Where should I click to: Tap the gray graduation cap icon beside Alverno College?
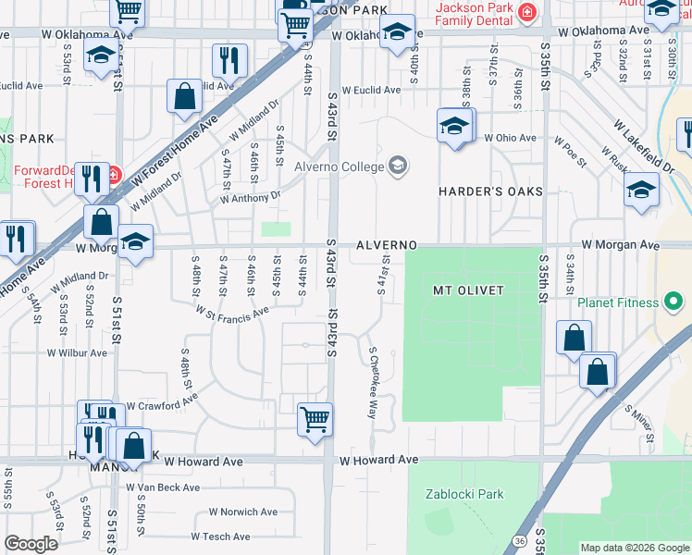click(398, 166)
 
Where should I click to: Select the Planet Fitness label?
click(617, 302)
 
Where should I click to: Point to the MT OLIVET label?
click(469, 290)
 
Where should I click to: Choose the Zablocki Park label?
click(464, 494)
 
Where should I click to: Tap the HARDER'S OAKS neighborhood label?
click(489, 191)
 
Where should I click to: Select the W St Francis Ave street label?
click(231, 312)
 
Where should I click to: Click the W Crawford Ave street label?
click(162, 403)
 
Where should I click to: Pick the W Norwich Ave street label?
click(242, 512)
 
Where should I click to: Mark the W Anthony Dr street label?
click(250, 196)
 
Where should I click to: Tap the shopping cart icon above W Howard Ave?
click(315, 419)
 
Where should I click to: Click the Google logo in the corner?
click(31, 544)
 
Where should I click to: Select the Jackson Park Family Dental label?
click(475, 12)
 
